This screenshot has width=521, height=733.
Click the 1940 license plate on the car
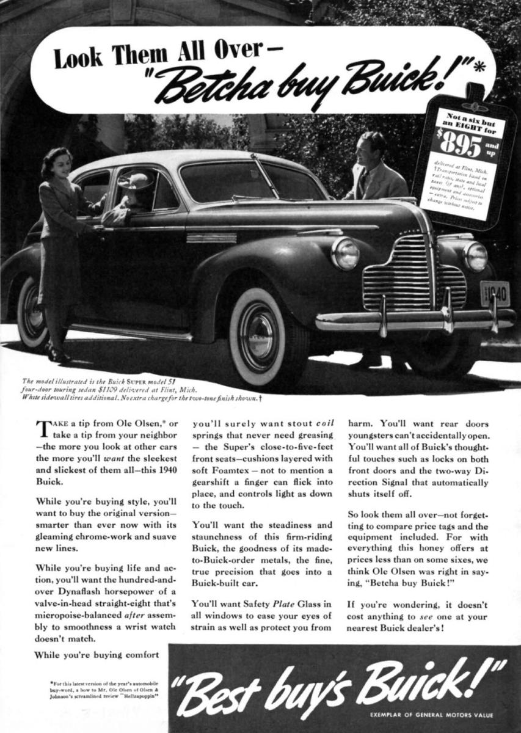tap(495, 293)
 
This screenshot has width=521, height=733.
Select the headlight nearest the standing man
tap(346, 253)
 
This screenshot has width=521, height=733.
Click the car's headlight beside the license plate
tap(476, 257)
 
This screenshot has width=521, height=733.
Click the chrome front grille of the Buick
tap(397, 272)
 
